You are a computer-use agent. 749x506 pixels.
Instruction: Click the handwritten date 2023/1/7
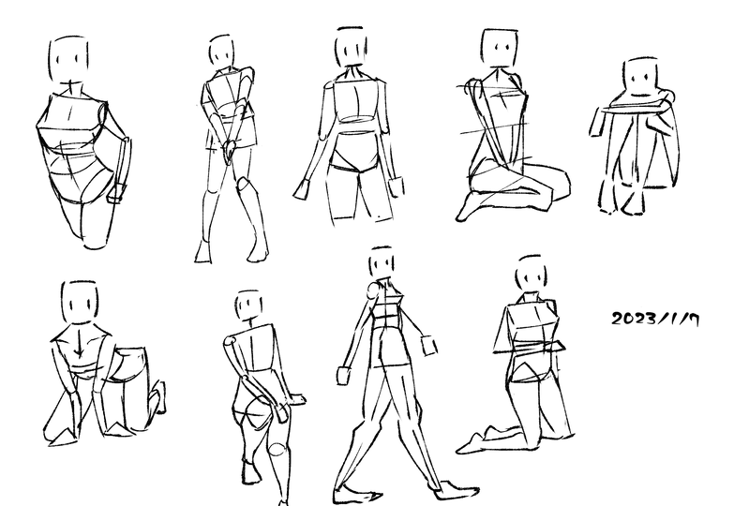tap(655, 319)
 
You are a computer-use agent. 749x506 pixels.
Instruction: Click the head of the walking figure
tap(382, 261)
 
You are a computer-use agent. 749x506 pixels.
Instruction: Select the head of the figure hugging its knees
tap(640, 77)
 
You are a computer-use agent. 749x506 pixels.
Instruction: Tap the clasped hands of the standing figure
tap(230, 150)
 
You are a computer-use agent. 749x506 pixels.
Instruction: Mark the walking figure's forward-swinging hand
tap(429, 345)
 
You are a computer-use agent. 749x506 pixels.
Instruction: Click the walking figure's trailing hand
tap(344, 375)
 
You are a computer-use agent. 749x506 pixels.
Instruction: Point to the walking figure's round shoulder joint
tap(372, 290)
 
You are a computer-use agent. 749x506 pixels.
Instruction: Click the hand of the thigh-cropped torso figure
tap(117, 192)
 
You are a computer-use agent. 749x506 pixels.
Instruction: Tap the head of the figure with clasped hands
tap(221, 51)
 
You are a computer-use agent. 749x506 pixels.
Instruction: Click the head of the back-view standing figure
tap(352, 47)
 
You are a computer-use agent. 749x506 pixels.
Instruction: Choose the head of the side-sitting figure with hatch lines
tap(500, 48)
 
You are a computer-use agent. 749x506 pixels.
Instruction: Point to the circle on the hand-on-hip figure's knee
tap(277, 449)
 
